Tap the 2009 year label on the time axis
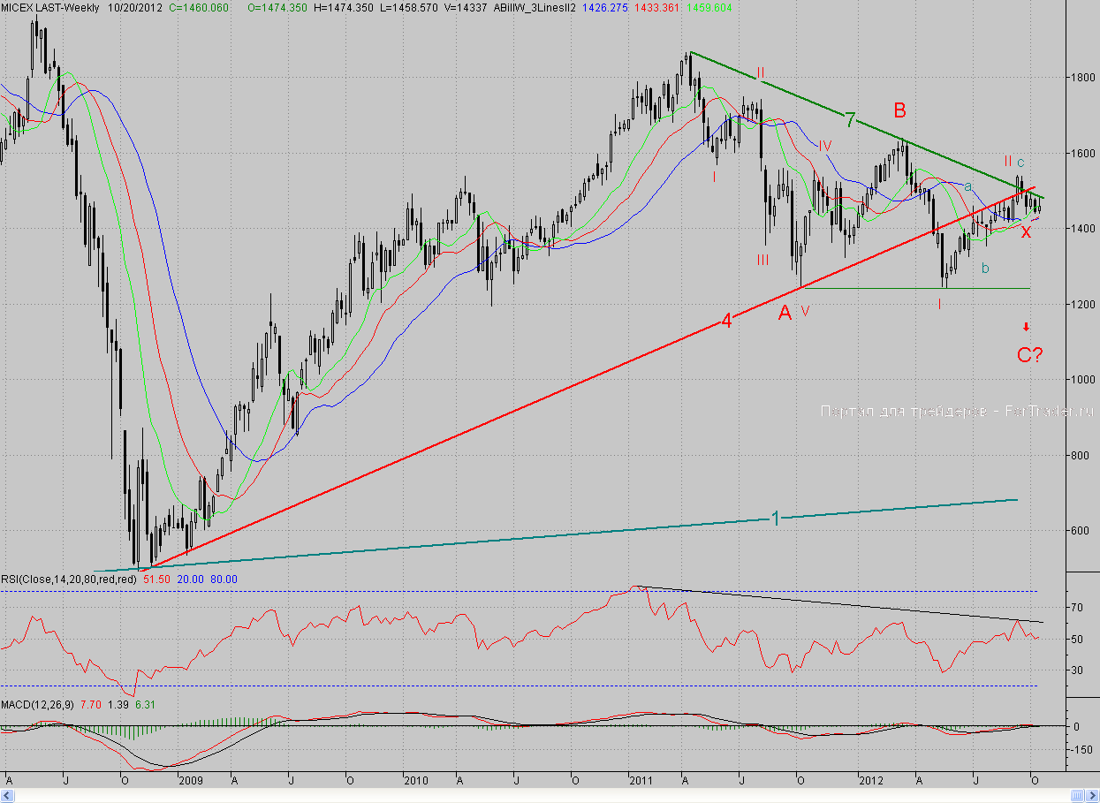pos(191,780)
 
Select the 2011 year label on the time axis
pos(641,780)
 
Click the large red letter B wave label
pos(899,110)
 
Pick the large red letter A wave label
pos(785,312)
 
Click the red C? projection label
pos(1028,355)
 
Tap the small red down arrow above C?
pos(1026,327)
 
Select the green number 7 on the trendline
pos(849,120)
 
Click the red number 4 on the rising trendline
pos(725,322)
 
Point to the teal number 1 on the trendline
pos(776,519)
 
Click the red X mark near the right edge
pos(1026,232)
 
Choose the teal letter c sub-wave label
pos(1020,163)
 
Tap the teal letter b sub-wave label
pos(985,269)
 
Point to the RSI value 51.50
pos(156,580)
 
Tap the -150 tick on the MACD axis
pos(1079,750)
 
